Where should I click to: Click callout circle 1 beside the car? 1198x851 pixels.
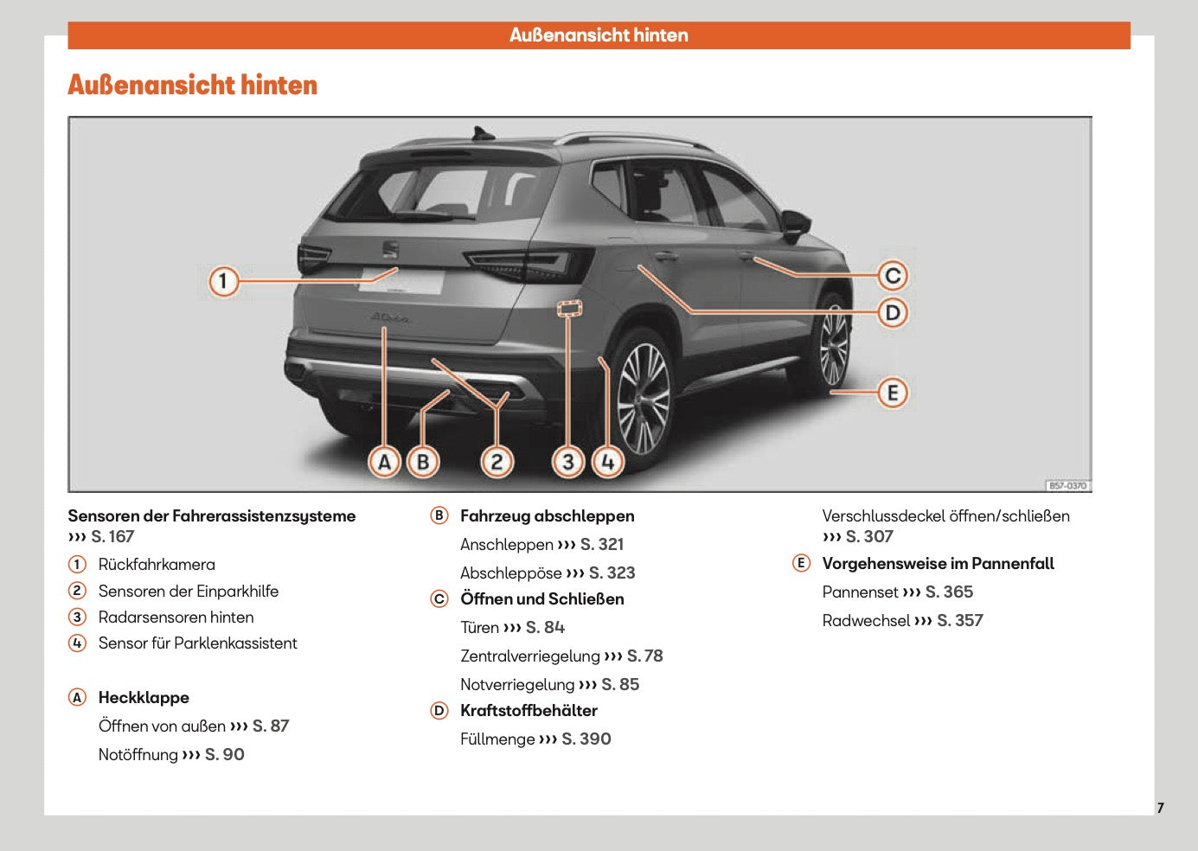[x=223, y=281]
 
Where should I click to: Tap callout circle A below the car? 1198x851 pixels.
[x=385, y=462]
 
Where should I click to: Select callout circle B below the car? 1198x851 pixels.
[x=423, y=462]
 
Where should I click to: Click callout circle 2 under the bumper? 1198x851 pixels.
[x=496, y=462]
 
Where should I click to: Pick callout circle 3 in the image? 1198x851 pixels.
[x=567, y=462]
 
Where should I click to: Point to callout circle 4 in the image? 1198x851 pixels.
[x=607, y=462]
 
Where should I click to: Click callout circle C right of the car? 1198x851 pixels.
[x=893, y=276]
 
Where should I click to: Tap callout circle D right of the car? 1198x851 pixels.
[x=893, y=312]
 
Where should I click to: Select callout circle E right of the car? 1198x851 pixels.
[x=893, y=393]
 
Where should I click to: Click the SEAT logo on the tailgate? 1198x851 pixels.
[x=391, y=249]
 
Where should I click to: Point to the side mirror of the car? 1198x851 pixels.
[x=796, y=225]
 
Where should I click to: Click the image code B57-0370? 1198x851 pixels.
[x=1067, y=485]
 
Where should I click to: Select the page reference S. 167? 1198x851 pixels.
[x=112, y=536]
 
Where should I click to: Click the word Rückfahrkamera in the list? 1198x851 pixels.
[x=157, y=565]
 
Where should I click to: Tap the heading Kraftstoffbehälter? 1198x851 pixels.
[x=529, y=711]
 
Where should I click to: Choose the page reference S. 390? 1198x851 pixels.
[x=586, y=739]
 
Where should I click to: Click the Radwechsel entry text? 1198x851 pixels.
[x=866, y=621]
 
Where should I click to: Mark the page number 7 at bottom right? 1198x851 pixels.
[x=1160, y=808]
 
